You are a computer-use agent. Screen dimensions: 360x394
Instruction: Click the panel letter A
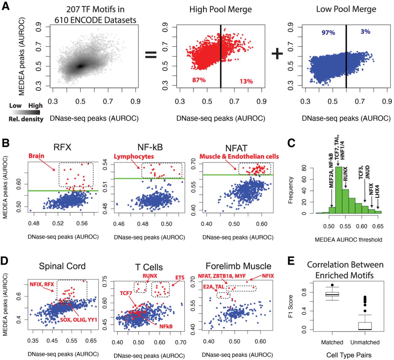pos(6,6)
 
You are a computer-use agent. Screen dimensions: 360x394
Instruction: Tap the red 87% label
pos(199,80)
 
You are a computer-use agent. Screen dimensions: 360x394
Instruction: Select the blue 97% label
pos(328,33)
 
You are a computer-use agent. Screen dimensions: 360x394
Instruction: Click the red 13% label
pos(246,81)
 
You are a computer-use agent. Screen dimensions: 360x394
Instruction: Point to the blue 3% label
pos(365,32)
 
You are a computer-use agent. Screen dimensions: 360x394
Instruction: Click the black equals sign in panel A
pos(151,55)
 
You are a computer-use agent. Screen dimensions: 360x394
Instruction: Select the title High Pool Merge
pos(220,10)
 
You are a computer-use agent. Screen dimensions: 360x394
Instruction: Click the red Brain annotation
pos(36,156)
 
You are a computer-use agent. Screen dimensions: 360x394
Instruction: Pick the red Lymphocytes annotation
pos(134,156)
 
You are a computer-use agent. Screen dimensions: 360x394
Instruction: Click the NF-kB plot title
pos(150,147)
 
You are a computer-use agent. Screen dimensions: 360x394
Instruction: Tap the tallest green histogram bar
pos(339,190)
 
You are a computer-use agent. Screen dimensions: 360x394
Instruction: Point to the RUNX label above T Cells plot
pos(150,276)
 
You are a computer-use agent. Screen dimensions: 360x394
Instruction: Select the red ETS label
pos(179,278)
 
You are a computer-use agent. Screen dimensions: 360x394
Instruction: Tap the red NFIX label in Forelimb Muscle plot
pos(267,276)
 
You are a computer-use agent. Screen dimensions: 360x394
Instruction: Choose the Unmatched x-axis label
pos(365,342)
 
